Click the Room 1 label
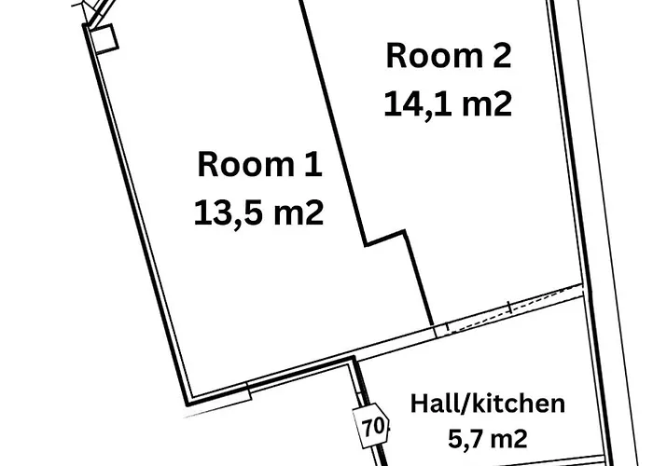pyautogui.click(x=260, y=165)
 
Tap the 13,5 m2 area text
pyautogui.click(x=258, y=212)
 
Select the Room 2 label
pyautogui.click(x=449, y=56)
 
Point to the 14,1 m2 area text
pyautogui.click(x=448, y=104)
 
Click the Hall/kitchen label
pyautogui.click(x=488, y=404)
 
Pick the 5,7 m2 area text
pyautogui.click(x=488, y=438)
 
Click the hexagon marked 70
pyautogui.click(x=371, y=426)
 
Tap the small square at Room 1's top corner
pyautogui.click(x=104, y=39)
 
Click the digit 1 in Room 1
pyautogui.click(x=314, y=165)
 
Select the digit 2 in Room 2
pyautogui.click(x=502, y=56)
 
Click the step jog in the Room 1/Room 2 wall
pyautogui.click(x=385, y=238)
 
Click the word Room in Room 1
pyautogui.click(x=245, y=165)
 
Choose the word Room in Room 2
pyautogui.click(x=435, y=56)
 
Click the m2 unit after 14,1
pyautogui.click(x=487, y=104)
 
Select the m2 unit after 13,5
pyautogui.click(x=299, y=212)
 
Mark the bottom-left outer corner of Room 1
pyautogui.click(x=187, y=404)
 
